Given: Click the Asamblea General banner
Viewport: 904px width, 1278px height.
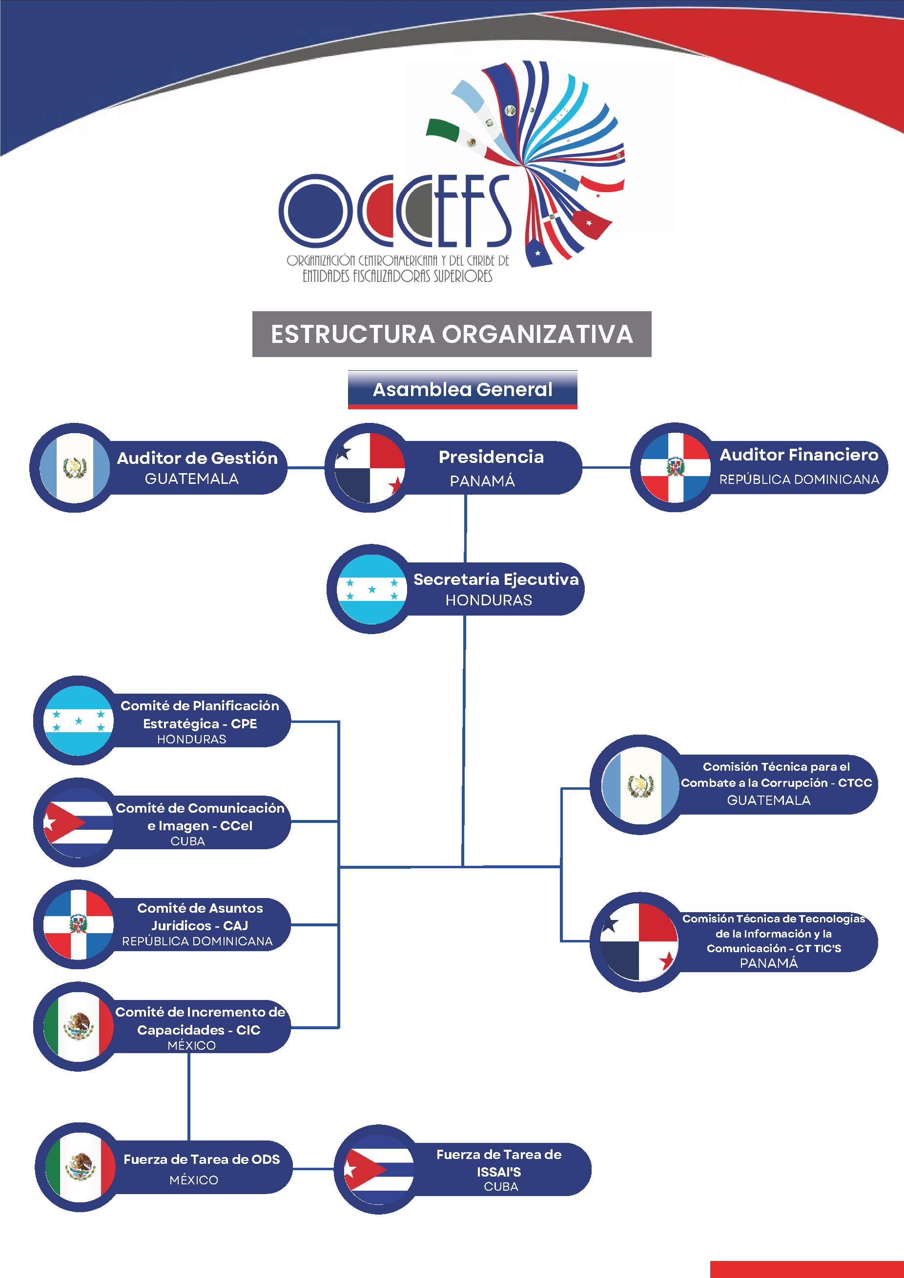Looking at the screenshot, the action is (x=462, y=390).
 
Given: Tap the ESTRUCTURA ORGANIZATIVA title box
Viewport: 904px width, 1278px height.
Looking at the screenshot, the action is (x=452, y=334).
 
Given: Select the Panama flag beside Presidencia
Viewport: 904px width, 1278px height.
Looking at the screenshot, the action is (x=370, y=468).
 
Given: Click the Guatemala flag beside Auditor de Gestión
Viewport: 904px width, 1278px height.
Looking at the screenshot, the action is (x=75, y=468).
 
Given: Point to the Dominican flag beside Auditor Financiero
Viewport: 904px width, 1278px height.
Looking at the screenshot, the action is (x=675, y=468).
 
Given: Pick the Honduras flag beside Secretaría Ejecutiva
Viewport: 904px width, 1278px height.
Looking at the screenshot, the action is (x=371, y=589).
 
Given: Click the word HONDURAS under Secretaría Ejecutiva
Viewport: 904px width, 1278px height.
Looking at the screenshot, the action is (x=489, y=600).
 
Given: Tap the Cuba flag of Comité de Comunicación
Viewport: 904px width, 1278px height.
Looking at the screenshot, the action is (x=79, y=822).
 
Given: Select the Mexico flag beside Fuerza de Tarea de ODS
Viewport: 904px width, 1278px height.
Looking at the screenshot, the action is (x=80, y=1167).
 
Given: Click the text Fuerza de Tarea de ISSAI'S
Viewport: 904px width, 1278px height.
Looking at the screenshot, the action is (x=499, y=1163).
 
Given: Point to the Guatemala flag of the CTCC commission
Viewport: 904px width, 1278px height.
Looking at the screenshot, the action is (x=640, y=785).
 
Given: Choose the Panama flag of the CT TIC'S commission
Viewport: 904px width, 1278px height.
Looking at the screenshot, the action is (x=639, y=942).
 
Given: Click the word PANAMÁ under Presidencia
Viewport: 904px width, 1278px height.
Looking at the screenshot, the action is (x=482, y=481).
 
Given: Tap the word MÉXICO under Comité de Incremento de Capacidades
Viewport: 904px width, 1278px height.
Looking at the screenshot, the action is (x=192, y=1045).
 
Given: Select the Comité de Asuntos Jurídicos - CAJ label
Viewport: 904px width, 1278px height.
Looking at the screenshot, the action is (x=200, y=917).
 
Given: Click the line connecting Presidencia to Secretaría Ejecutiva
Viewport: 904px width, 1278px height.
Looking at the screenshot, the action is (x=466, y=528).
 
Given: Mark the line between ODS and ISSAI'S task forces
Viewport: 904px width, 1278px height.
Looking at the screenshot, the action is (x=313, y=1169).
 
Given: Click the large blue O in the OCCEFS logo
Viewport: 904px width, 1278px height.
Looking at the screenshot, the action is (x=316, y=211).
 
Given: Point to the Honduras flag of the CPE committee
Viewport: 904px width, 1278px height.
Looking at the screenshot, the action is (x=79, y=720).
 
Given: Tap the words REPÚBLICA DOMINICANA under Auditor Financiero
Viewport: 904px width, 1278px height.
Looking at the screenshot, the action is (x=799, y=479).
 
